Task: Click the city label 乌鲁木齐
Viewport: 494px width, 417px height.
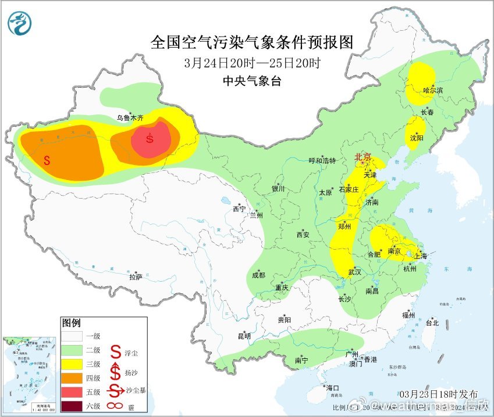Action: [129, 117]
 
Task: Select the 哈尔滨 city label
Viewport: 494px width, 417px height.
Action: [433, 90]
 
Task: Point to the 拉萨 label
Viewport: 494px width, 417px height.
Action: [136, 277]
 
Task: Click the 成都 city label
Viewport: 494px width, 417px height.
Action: [259, 275]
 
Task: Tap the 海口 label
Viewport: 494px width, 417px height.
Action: [333, 387]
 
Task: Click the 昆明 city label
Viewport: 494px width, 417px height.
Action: [244, 336]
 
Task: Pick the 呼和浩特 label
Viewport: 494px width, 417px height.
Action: [322, 161]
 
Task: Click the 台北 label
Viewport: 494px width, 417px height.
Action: [432, 323]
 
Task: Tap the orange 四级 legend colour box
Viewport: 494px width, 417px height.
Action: [74, 377]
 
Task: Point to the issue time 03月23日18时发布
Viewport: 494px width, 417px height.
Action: [439, 393]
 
